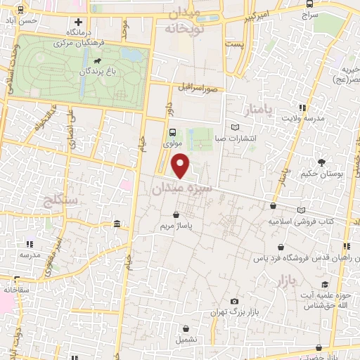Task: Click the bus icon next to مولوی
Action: pos(173,131)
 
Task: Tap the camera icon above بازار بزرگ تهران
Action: pos(235,300)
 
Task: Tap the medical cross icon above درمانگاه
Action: pos(78,22)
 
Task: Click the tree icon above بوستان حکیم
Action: pos(321,162)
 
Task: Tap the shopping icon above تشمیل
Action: pos(186,328)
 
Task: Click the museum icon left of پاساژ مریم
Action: pos(115,224)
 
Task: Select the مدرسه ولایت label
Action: pos(304,118)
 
